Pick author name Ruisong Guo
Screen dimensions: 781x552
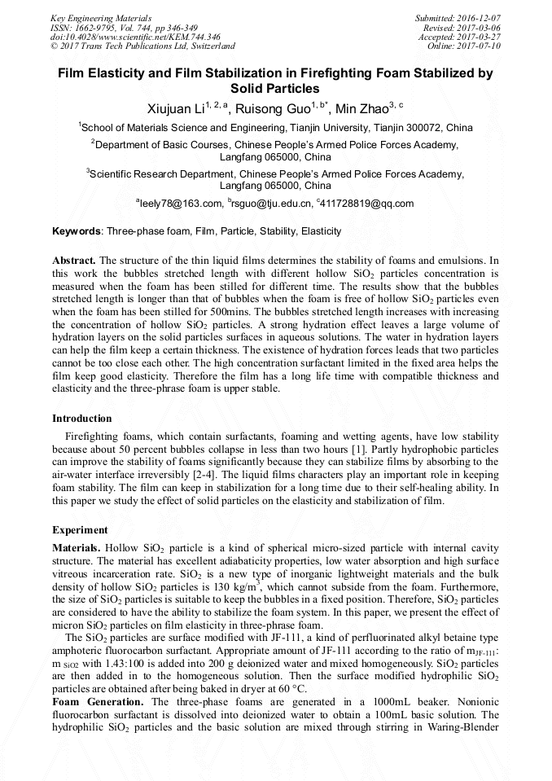(273, 108)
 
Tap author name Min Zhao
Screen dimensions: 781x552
(361, 108)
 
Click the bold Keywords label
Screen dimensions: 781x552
(77, 231)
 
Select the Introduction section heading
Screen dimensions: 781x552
(81, 419)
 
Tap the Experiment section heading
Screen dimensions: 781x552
(80, 529)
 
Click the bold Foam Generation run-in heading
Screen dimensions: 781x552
(99, 701)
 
